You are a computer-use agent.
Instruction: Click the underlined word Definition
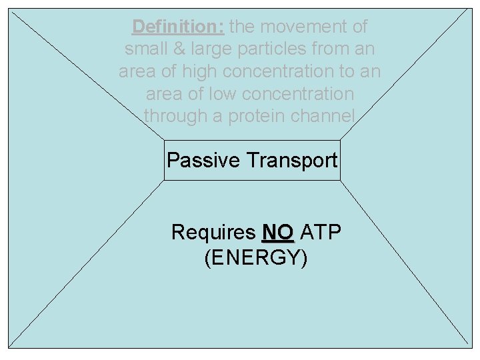click(x=178, y=27)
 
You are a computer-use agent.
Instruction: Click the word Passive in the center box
click(x=203, y=161)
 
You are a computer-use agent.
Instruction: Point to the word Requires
click(x=213, y=233)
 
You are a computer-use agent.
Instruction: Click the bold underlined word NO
click(x=278, y=233)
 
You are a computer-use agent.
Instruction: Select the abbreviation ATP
click(x=322, y=233)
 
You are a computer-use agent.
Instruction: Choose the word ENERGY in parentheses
click(x=256, y=257)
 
